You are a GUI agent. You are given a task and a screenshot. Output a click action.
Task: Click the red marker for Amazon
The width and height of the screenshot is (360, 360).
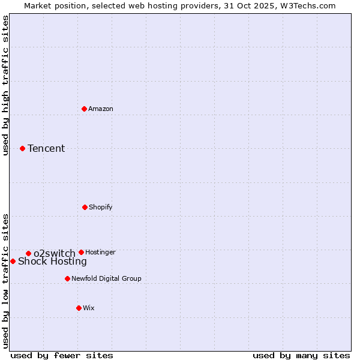84,109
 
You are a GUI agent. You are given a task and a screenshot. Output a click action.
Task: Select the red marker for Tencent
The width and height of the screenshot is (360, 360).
22,148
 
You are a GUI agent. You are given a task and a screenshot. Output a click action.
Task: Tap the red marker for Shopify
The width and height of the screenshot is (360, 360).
85,207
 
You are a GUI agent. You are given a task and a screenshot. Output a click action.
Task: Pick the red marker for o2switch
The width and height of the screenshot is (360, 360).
28,253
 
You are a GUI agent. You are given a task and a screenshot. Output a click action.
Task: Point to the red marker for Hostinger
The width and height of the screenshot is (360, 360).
81,252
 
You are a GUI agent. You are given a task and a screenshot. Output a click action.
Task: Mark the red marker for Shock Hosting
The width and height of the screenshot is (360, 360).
13,261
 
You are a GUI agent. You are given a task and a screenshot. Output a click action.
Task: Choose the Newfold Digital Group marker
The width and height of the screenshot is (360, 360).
67,278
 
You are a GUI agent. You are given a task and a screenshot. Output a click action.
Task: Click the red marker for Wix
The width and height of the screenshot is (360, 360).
79,308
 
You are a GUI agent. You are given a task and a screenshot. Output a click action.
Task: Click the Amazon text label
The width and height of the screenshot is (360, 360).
101,109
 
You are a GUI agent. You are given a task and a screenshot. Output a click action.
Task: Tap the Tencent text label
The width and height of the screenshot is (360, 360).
46,148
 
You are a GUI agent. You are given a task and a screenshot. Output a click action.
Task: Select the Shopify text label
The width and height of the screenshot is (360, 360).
101,207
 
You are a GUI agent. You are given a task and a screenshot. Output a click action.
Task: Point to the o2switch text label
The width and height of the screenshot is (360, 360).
55,253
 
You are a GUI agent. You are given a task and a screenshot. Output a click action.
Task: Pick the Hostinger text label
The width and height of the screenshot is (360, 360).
100,252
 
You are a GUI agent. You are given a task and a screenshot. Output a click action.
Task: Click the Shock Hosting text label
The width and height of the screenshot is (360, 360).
52,262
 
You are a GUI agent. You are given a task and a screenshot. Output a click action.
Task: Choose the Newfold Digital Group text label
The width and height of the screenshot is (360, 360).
106,278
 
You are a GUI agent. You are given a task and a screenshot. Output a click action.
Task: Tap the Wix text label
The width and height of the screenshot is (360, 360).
89,308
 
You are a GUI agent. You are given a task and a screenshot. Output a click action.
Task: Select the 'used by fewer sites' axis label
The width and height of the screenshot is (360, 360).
62,355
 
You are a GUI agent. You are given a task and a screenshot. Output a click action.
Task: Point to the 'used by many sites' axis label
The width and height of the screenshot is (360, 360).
301,355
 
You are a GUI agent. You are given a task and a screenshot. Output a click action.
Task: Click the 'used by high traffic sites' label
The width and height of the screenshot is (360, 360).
5,85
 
